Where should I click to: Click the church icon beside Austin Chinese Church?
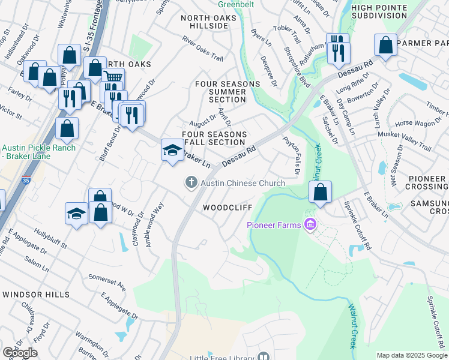click(191, 182)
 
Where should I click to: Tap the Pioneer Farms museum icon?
click(310, 225)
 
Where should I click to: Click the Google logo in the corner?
click(20, 353)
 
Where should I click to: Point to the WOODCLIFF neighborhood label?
click(226, 208)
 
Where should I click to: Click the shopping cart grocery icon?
click(113, 77)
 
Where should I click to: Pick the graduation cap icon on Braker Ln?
click(172, 150)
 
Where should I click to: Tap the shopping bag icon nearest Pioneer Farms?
click(321, 193)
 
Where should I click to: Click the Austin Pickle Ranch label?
click(38, 152)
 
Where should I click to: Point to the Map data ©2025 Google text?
click(411, 355)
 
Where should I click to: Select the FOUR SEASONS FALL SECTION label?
click(214, 138)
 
